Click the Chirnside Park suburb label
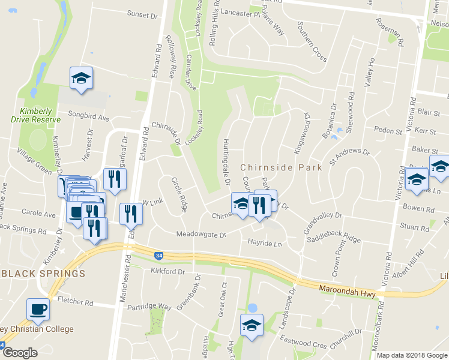[x=281, y=167]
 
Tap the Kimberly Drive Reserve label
[x=40, y=115]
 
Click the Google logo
[x=20, y=353]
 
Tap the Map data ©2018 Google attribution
[x=411, y=355]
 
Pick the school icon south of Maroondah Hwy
[x=252, y=325]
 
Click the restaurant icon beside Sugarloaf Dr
[x=115, y=178]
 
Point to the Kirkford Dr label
[x=168, y=272]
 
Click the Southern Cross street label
[x=312, y=41]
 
